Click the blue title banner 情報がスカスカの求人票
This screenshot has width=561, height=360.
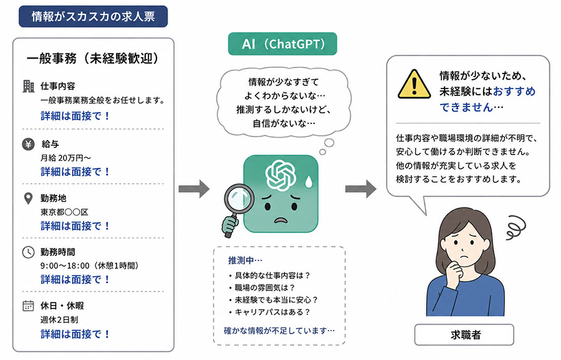coord(93,16)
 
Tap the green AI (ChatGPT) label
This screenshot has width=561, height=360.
coord(282,44)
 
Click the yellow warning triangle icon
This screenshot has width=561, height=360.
coord(414,84)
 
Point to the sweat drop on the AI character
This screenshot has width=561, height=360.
coord(309,182)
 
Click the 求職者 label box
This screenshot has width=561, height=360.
coord(464,334)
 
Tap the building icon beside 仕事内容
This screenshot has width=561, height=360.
coord(28,86)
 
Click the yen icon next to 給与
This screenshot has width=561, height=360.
coord(28,144)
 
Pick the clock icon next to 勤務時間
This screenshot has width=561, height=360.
coord(28,252)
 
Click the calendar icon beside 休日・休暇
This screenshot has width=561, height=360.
coord(28,306)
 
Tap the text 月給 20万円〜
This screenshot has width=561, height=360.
coord(66,158)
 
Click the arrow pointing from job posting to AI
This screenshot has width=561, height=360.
coord(194,189)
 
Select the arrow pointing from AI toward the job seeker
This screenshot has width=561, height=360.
coord(361,189)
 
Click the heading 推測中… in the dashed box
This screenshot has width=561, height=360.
coord(246,260)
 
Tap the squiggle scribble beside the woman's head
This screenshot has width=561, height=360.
coord(516,227)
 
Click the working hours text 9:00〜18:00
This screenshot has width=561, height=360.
coord(65,265)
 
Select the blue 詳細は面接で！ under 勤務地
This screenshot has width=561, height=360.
coord(75,226)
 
